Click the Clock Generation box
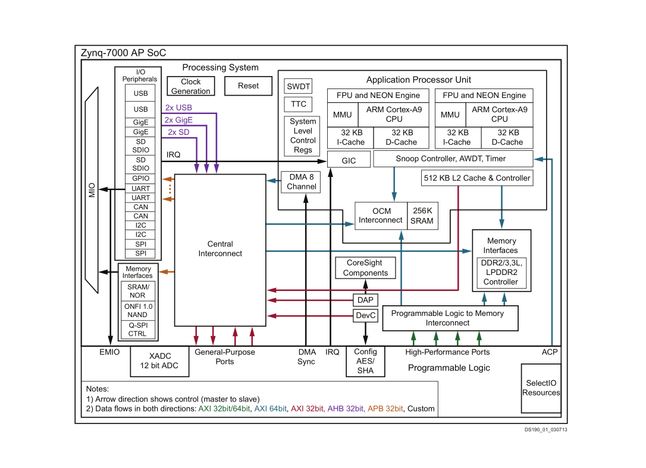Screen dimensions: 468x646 tap(190, 87)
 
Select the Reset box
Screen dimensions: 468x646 tap(248, 86)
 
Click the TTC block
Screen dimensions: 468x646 tap(298, 104)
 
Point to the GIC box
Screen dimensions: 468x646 tap(349, 160)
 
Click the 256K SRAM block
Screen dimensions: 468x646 tap(423, 216)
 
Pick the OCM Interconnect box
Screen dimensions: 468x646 tap(381, 216)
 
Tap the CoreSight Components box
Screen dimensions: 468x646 tap(365, 268)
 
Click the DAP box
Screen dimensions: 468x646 tap(365, 300)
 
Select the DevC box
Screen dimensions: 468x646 tap(365, 315)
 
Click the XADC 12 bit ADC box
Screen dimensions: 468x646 tap(160, 361)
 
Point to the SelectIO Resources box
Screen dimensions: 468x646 tap(541, 388)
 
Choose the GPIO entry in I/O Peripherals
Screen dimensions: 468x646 tap(141, 179)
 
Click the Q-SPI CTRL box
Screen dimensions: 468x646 tap(137, 329)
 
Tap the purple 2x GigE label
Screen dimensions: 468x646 tap(179, 120)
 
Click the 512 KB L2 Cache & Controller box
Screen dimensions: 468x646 tap(476, 178)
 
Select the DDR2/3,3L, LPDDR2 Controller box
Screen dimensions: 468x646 tap(500, 272)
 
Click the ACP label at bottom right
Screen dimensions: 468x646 tap(550, 352)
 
